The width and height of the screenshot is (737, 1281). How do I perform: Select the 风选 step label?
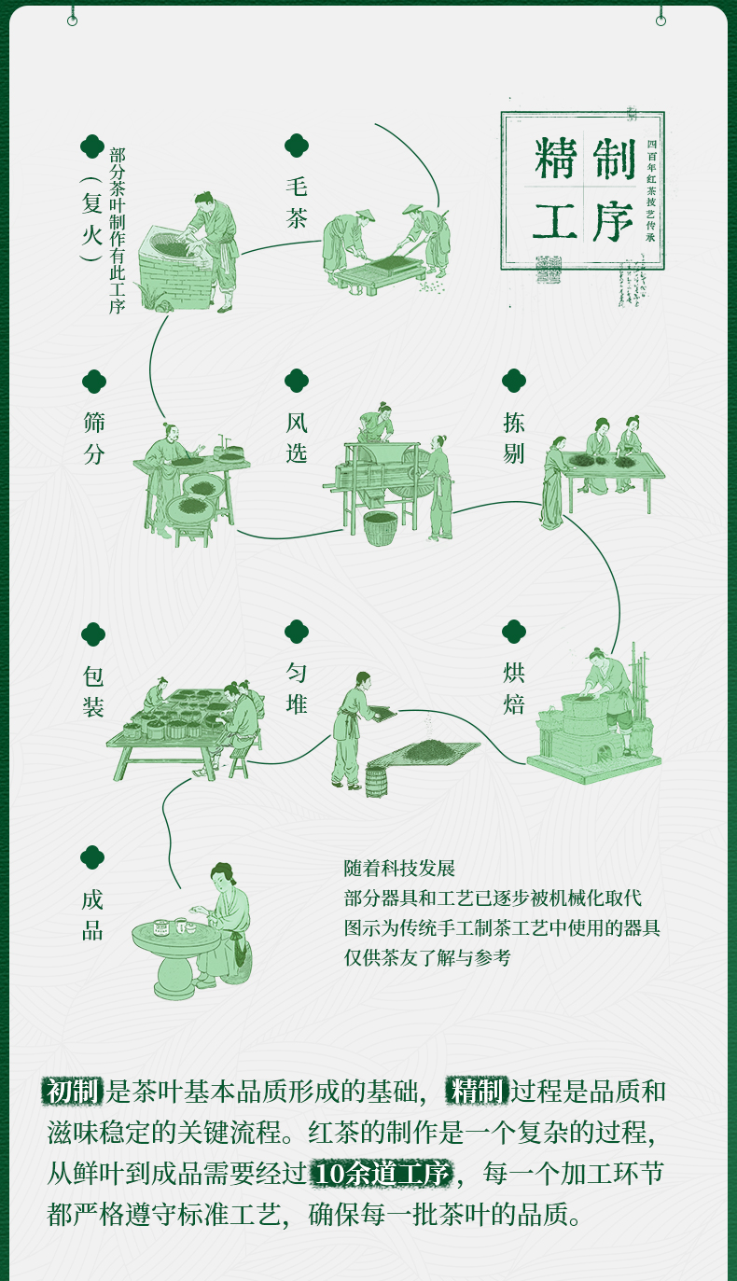coord(297,438)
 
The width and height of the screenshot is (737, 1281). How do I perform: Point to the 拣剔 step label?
coord(513,438)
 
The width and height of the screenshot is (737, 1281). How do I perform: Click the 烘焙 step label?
coord(514,689)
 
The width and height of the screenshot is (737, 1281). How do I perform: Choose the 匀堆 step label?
coord(297,689)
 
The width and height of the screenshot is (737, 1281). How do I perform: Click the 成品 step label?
coord(92,915)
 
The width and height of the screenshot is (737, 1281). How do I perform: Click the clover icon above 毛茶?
coord(297,145)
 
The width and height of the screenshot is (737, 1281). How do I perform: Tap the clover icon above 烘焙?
coord(514,632)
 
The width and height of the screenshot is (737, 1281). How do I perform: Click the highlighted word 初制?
coord(73,1091)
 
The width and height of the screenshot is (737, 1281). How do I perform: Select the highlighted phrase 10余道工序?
coord(382,1175)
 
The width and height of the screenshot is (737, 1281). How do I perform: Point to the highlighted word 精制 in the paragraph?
coord(478,1091)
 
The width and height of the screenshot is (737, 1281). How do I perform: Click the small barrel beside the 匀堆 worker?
coord(375,781)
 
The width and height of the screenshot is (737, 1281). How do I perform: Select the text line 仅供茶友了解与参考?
coord(427,957)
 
